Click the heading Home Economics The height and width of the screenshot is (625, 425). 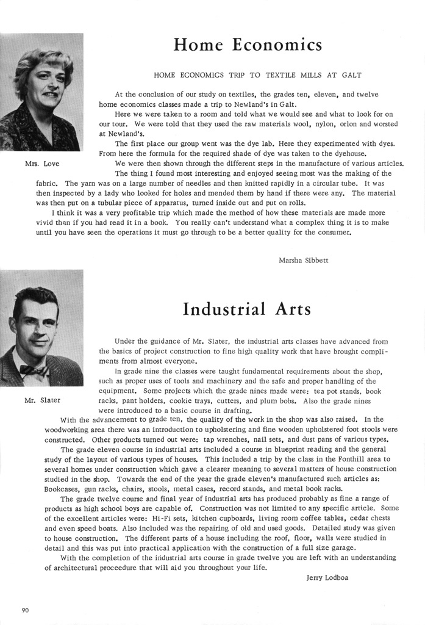tap(248, 45)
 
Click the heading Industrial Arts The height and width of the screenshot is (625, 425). tap(246, 309)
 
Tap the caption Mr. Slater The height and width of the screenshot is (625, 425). tap(43, 400)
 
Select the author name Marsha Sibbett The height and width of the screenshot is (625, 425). tap(303, 260)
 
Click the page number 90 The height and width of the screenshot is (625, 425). tap(26, 610)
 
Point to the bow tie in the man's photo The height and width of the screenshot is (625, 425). tap(34, 370)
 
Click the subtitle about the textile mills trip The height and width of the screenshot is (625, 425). tap(257, 75)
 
